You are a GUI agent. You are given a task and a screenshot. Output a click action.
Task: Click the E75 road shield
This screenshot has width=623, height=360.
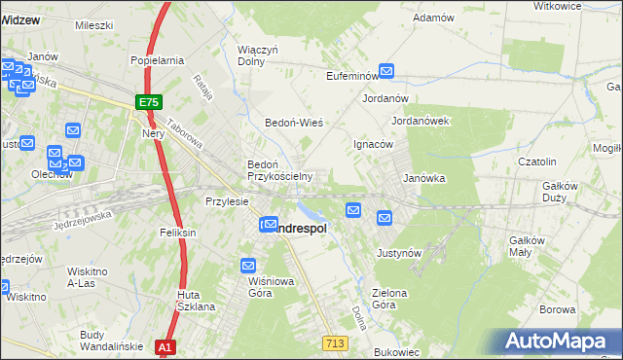pyautogui.click(x=148, y=102)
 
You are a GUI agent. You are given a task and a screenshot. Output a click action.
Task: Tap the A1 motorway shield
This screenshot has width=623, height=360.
pyautogui.click(x=165, y=346)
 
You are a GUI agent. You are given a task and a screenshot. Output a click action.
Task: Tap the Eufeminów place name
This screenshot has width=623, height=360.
pyautogui.click(x=351, y=75)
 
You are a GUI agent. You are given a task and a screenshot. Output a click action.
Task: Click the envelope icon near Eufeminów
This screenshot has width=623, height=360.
pyautogui.click(x=386, y=71)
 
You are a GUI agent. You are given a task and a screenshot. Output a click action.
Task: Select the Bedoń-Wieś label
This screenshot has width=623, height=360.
pyautogui.click(x=294, y=124)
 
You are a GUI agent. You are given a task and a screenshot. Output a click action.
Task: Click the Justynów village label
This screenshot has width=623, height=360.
pyautogui.click(x=398, y=252)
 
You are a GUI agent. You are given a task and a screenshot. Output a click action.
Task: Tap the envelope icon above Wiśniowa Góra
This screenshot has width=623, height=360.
pyautogui.click(x=248, y=265)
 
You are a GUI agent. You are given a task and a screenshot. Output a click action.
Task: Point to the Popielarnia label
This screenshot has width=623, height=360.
pyautogui.click(x=158, y=60)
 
